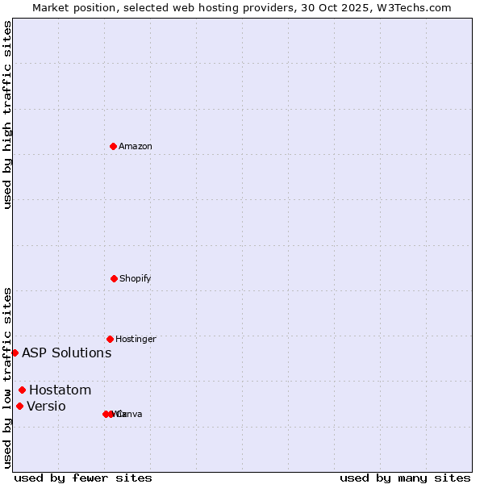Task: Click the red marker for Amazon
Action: (114, 146)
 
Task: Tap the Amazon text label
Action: (136, 147)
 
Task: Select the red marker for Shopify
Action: (114, 278)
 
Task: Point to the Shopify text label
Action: (136, 279)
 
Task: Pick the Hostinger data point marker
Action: (110, 339)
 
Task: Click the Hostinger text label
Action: (136, 340)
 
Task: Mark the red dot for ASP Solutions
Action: (15, 353)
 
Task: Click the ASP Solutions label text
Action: (67, 353)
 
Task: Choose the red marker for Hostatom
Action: (22, 390)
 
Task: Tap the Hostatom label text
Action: (60, 390)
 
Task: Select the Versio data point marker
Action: (19, 406)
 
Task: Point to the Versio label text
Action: (47, 407)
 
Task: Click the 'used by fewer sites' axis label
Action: (83, 478)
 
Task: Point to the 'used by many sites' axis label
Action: (405, 478)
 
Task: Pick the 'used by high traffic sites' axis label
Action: (7, 115)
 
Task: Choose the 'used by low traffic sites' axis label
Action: (7, 378)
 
